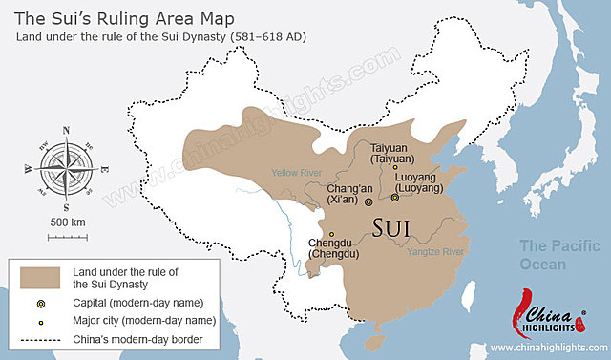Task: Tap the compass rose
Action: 65,167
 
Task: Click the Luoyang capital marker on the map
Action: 395,198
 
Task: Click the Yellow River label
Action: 298,173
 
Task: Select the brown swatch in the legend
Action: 41,277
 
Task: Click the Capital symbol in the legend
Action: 41,303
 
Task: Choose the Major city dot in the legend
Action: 41,322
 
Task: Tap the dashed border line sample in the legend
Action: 41,341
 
